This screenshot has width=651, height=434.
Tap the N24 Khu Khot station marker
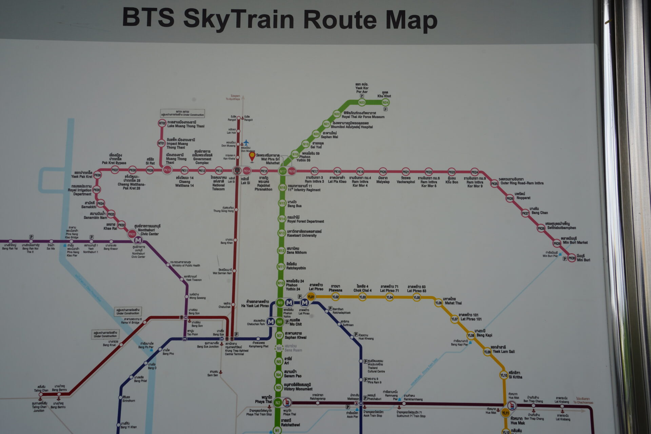tap(385, 102)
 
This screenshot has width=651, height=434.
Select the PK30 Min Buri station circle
tap(572, 258)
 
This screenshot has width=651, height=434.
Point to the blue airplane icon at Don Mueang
tap(246, 142)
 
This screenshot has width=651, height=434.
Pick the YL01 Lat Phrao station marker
tap(311, 297)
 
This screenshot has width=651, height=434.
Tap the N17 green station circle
tap(282, 171)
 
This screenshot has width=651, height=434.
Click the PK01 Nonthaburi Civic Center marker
tap(132, 234)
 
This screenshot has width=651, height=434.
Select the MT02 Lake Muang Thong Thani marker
tap(162, 123)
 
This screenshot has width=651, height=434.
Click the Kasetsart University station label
tap(302, 235)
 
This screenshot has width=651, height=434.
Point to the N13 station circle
tap(281, 233)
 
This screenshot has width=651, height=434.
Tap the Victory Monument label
tap(298, 389)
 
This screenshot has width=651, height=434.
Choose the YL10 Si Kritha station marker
tap(504, 375)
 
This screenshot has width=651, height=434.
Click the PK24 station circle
tap(475, 172)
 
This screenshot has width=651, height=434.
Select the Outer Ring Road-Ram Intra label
tap(522, 183)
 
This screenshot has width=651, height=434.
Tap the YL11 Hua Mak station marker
tap(506, 413)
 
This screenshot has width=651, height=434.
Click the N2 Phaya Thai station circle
tap(278, 403)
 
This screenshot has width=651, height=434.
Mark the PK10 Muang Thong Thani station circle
tap(167, 170)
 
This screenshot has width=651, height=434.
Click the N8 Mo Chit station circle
tap(279, 322)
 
